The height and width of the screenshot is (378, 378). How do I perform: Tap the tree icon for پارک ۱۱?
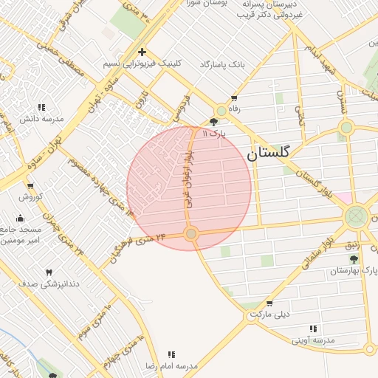(214, 122)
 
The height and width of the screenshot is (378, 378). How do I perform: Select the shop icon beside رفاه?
(234, 98)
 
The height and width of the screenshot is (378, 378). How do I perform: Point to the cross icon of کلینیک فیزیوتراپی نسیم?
(142, 52)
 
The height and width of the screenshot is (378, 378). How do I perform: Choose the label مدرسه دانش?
(41, 118)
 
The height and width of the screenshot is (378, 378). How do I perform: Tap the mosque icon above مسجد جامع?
(20, 218)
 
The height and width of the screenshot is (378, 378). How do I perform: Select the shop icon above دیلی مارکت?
(269, 303)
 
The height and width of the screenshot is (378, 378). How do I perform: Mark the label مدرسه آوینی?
(313, 340)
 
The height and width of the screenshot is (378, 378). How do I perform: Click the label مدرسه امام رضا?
(171, 365)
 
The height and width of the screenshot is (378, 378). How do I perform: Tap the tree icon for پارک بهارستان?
(354, 259)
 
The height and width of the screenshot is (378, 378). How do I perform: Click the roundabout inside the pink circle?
(191, 234)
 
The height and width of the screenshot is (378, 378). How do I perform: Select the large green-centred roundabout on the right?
(357, 216)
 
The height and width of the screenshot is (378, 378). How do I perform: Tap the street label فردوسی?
(179, 107)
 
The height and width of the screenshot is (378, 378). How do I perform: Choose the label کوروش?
(32, 197)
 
